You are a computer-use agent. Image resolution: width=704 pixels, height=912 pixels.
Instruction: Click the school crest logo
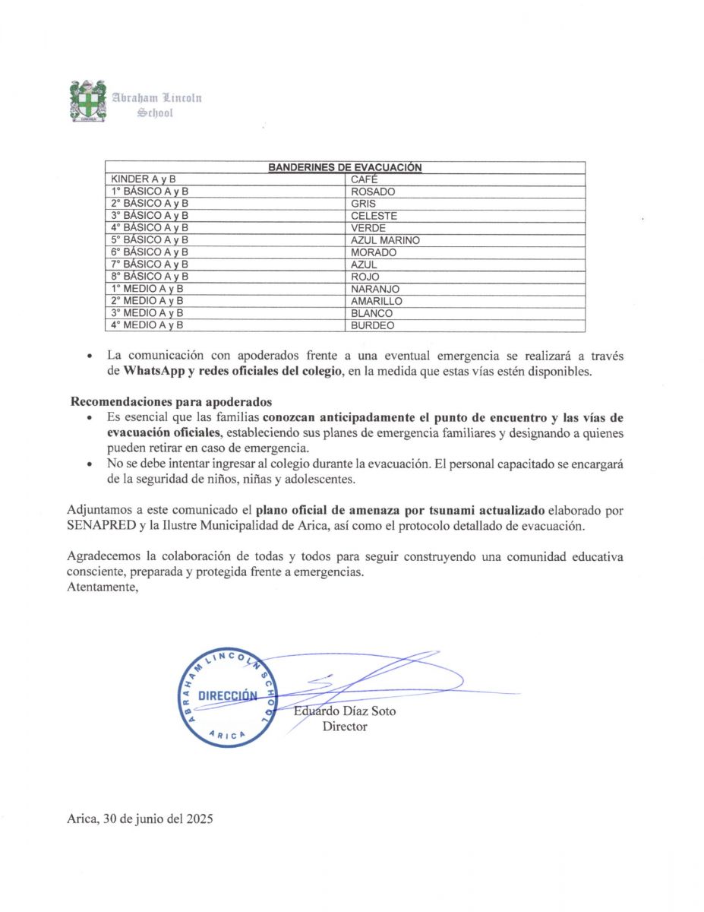[x=87, y=101]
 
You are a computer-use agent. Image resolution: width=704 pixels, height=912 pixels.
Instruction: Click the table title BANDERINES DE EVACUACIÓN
[x=345, y=167]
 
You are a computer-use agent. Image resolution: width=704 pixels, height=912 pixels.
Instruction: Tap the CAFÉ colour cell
[x=365, y=179]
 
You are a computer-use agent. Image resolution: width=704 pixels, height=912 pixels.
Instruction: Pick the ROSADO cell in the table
[x=373, y=192]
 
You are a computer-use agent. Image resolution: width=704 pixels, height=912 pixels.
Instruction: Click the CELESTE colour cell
[x=374, y=216]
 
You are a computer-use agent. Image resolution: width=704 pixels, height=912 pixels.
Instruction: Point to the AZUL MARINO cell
[x=385, y=240]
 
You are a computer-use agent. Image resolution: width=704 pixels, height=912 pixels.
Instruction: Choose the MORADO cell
[x=374, y=252]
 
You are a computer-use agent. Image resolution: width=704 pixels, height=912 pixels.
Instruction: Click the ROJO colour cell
[x=365, y=277]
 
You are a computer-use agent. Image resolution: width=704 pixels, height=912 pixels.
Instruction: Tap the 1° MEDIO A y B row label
[x=147, y=289]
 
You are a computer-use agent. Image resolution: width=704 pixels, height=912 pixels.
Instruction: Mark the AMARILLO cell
[x=377, y=301]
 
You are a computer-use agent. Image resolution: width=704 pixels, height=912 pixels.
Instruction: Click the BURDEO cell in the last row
[x=372, y=325]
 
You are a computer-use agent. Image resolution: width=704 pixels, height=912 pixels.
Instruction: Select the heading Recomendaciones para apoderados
[x=172, y=401]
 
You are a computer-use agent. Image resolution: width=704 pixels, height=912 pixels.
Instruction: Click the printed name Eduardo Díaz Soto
[x=345, y=711]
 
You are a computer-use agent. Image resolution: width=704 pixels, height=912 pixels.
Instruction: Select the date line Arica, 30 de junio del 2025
[x=140, y=819]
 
